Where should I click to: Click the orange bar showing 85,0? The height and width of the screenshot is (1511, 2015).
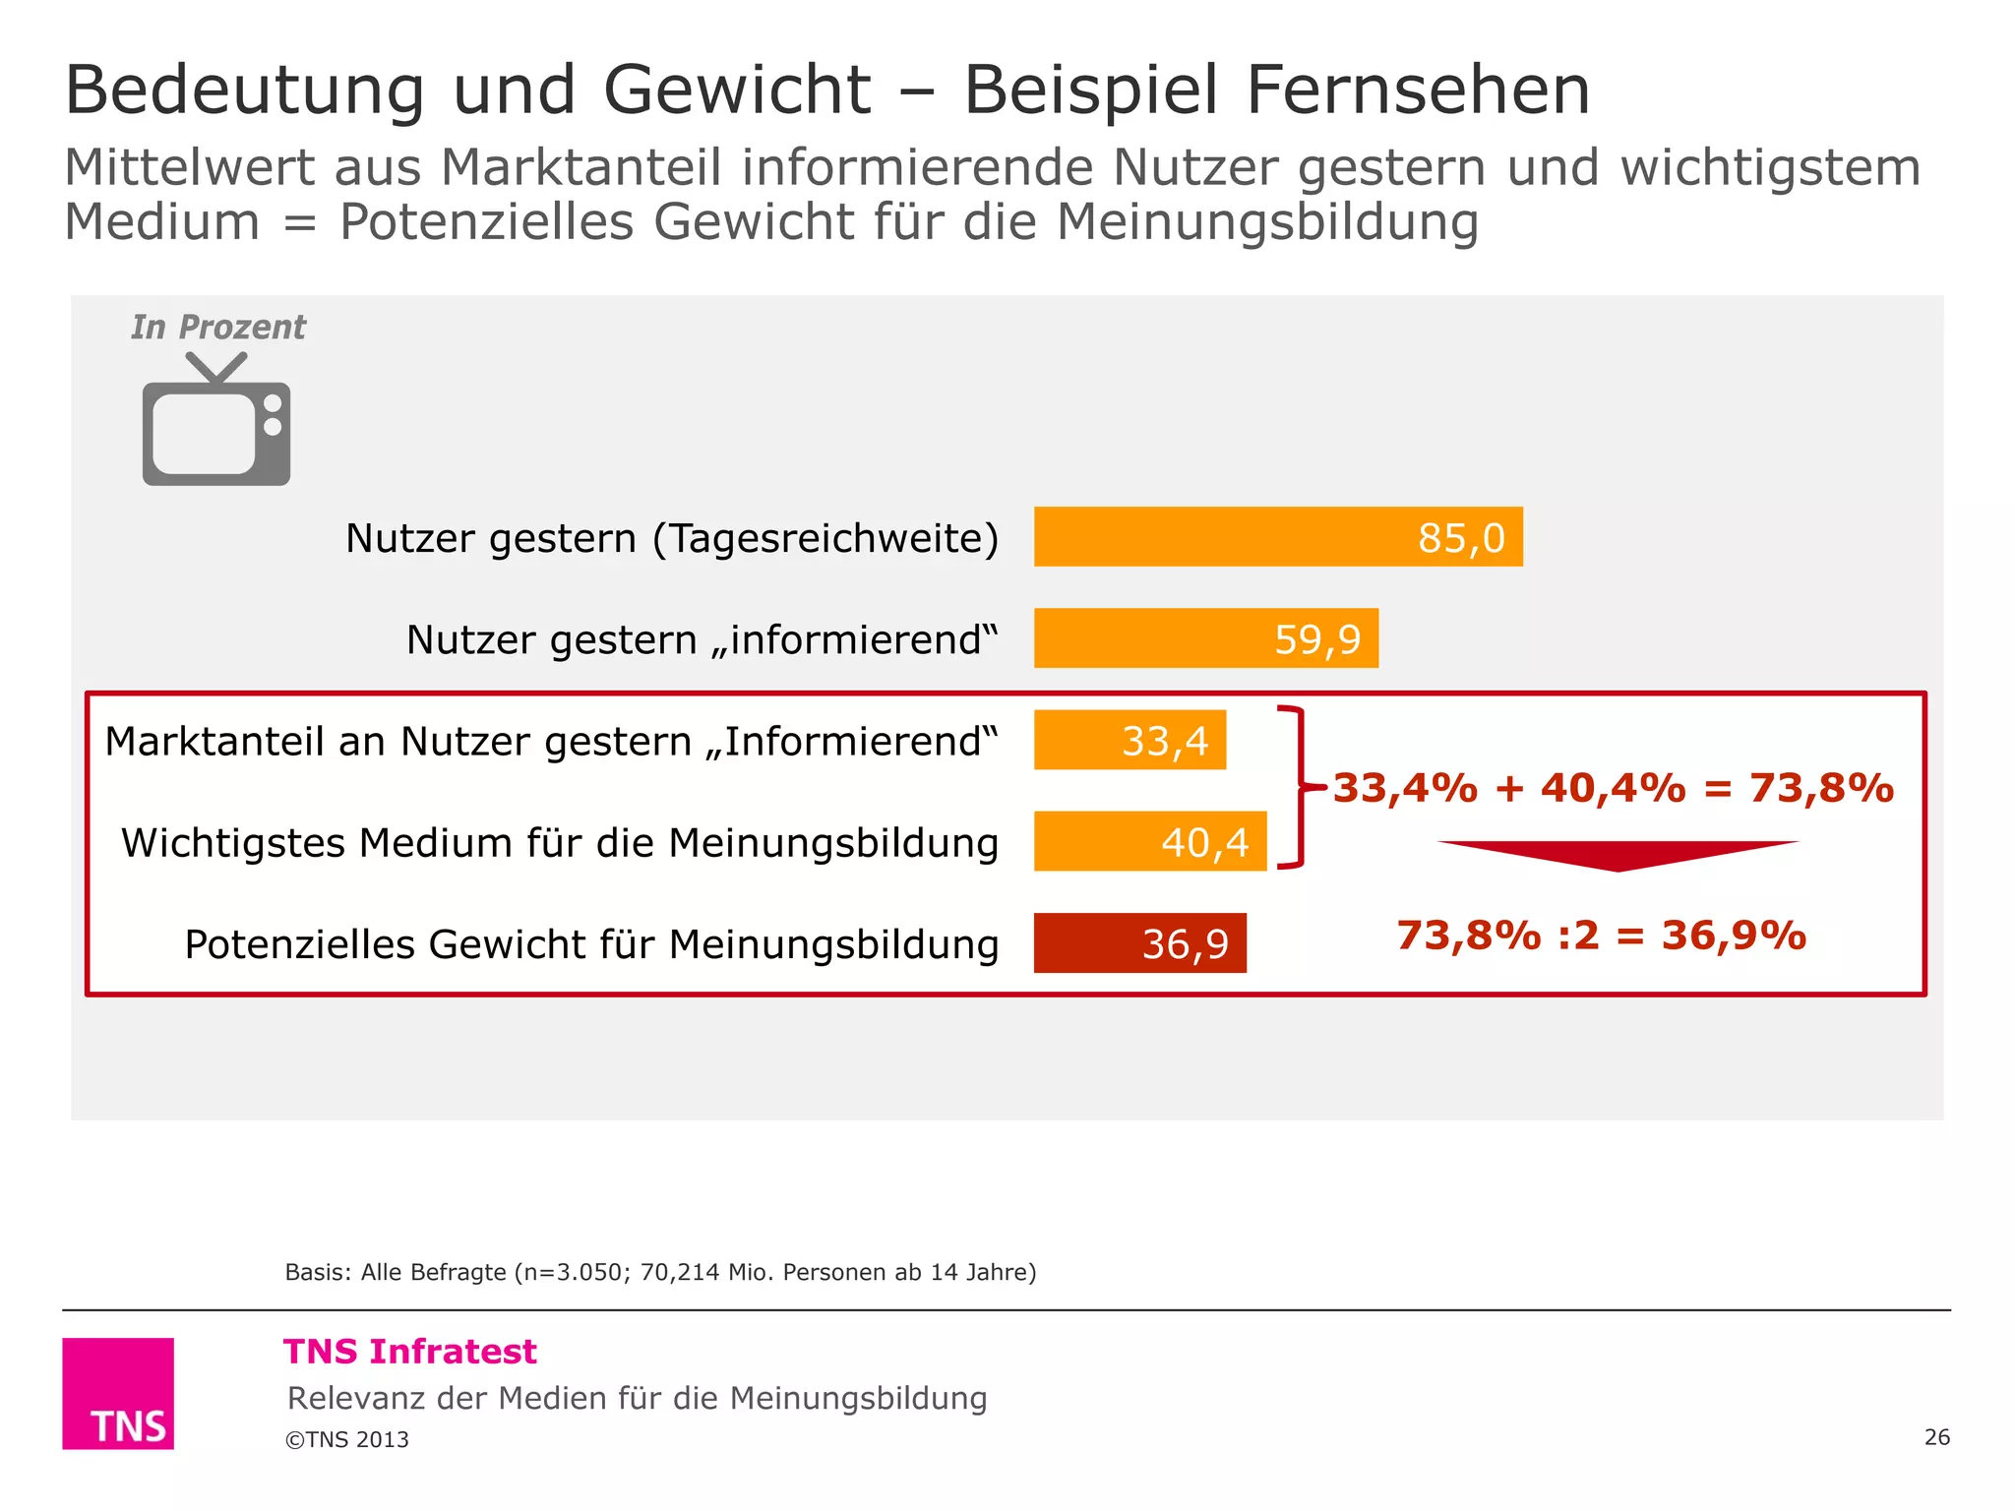pos(1277,536)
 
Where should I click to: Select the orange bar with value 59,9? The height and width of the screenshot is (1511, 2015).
pos(1205,637)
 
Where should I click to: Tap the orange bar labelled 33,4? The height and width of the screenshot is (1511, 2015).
pos(1130,740)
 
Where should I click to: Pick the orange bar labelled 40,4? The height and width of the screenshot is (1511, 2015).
pos(1149,841)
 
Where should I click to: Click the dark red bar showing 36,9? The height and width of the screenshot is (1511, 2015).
pos(1139,942)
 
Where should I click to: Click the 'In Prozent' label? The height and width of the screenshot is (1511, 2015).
pos(218,327)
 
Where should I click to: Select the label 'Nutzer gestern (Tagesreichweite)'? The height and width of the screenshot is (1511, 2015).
pos(672,538)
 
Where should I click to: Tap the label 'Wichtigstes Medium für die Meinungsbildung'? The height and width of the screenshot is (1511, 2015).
pos(559,843)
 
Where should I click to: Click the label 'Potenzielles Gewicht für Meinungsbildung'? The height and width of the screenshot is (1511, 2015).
pos(591,944)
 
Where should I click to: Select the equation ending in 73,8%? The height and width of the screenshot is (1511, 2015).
pos(1613,788)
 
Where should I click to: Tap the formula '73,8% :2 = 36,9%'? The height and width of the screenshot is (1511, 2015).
pos(1601,935)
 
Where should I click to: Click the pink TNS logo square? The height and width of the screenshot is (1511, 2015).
pos(118,1393)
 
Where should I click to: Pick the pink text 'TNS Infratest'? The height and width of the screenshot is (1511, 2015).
pos(410,1352)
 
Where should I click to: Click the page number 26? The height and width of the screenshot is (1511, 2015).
pos(1936,1437)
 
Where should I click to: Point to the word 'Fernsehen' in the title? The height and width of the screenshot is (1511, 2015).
pos(1418,91)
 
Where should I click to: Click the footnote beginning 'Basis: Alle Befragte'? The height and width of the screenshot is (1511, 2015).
pos(660,1272)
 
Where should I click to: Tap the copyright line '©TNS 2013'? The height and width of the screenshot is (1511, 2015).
pos(347,1439)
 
